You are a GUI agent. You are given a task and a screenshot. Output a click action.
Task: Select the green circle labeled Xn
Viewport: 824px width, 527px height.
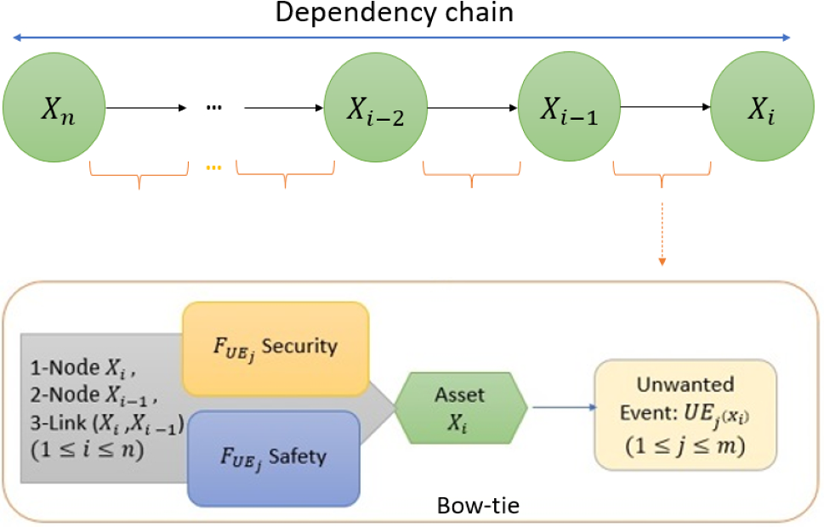[x=53, y=109]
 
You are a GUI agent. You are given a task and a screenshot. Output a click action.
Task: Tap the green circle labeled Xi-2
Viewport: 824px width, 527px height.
[x=375, y=109]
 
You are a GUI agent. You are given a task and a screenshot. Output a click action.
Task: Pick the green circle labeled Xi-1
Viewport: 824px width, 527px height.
[x=569, y=109]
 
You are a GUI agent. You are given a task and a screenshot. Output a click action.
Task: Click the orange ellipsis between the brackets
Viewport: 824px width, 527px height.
[x=213, y=167]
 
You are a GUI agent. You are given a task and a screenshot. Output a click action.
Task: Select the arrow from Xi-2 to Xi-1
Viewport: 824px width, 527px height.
[x=472, y=109]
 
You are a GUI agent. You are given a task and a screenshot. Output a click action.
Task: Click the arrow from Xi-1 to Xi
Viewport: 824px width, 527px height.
[x=666, y=109]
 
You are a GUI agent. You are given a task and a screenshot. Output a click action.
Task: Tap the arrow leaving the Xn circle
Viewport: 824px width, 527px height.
[x=145, y=109]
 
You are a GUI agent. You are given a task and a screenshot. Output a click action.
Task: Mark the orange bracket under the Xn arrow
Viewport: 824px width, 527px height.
[x=139, y=176]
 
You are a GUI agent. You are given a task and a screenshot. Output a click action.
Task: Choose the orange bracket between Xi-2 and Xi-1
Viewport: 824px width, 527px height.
[x=471, y=176]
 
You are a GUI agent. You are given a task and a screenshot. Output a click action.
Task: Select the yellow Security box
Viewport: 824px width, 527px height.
[x=276, y=348]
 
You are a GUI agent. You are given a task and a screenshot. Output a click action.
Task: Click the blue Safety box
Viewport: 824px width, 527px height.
[x=276, y=456]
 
